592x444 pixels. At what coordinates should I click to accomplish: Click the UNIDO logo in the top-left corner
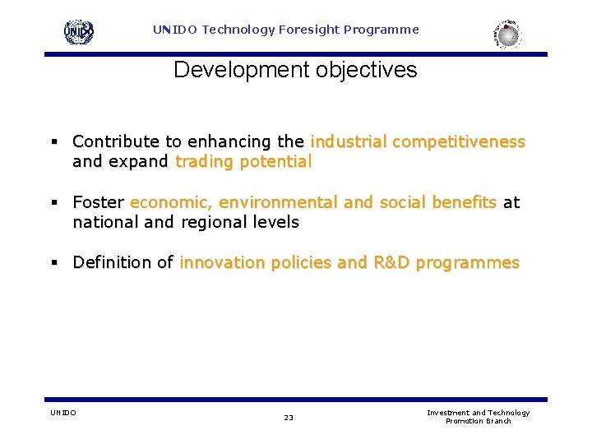click(x=79, y=31)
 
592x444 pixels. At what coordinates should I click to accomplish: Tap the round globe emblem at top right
click(x=508, y=34)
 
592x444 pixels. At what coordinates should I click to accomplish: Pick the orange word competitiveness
click(x=459, y=141)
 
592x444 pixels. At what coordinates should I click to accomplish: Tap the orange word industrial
click(x=349, y=141)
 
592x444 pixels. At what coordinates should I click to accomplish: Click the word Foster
click(x=98, y=202)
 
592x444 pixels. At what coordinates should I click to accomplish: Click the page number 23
click(x=289, y=418)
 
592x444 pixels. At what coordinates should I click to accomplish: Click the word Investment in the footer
click(x=448, y=413)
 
